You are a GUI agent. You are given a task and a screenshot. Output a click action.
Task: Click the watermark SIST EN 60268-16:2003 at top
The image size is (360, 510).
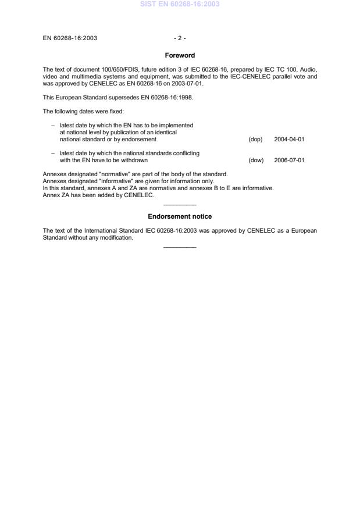[x=180, y=4]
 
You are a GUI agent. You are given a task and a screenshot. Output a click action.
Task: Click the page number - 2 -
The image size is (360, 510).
[x=180, y=38]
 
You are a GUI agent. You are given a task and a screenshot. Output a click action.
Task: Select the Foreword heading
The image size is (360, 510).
[x=180, y=55]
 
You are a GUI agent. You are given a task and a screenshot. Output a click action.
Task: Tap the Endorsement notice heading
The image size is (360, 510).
[x=180, y=216]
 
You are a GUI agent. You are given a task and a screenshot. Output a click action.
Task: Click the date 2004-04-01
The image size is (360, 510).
[x=289, y=140]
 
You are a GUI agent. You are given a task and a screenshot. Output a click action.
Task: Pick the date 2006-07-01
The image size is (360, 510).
[x=289, y=160]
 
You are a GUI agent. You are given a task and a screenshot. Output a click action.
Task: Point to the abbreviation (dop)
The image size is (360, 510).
[x=255, y=140]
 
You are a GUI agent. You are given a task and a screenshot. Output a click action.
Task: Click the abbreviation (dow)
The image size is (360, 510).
[x=256, y=160]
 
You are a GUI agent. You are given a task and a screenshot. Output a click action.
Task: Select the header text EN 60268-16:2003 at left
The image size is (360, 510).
[x=70, y=38]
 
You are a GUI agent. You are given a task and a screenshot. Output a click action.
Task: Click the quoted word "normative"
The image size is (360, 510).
[x=115, y=174]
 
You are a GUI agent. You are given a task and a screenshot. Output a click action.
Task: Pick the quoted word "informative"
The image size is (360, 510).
[x=117, y=181]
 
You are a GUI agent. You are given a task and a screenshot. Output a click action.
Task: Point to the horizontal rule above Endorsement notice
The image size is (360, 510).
[x=180, y=205]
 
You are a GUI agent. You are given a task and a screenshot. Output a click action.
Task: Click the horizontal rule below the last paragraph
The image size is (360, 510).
[x=180, y=248]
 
